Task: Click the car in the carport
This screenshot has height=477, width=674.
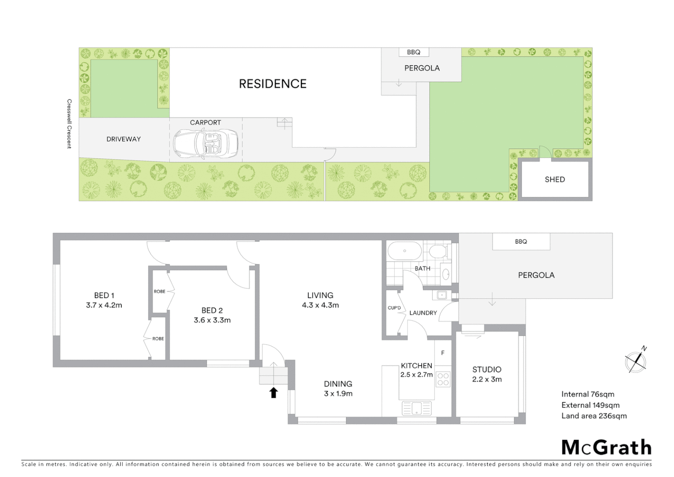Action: coord(206,144)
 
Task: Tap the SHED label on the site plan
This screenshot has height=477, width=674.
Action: coord(554,179)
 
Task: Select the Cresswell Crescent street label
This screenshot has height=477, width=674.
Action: coord(69,124)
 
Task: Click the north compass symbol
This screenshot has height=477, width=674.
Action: coord(636,362)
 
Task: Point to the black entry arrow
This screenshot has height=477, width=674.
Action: coord(273,392)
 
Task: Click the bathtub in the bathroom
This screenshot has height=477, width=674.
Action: coord(404,251)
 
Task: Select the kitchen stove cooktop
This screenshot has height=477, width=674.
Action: coord(443,379)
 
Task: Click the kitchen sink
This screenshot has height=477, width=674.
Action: coord(416,408)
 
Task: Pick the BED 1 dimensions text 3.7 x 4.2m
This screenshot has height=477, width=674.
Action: coord(104,305)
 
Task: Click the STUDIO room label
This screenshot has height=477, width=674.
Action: coord(487,369)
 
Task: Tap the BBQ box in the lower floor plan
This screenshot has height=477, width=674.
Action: coord(521,242)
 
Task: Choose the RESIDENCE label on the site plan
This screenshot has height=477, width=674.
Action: coord(273,84)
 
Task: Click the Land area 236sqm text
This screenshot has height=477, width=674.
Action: coord(594,416)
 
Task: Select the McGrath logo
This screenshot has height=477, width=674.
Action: coord(607,447)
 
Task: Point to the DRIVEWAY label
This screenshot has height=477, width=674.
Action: coord(124,139)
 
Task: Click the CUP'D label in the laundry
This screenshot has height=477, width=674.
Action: coord(394,308)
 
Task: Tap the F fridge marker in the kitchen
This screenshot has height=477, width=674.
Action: coord(443,353)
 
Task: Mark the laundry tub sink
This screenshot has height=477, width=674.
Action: coord(442,295)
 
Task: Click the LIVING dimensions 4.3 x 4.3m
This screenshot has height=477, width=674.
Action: coord(320,305)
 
